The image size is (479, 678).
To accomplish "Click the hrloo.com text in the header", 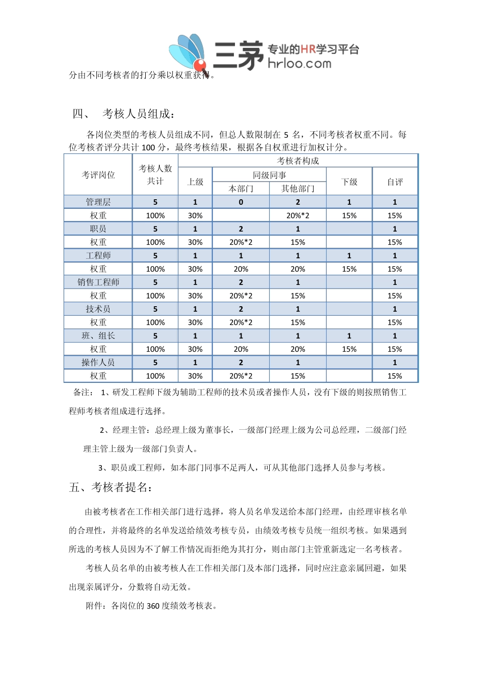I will pos(300,64).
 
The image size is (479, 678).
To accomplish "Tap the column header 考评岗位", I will pos(98,175).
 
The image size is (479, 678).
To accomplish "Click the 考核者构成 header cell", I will pos(298,161).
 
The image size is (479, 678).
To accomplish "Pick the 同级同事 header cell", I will pos(269,175).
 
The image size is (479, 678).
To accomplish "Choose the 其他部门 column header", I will pos(297,189).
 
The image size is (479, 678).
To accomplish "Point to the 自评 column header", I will pos(395,182).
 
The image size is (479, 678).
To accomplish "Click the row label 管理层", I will pos(98,202).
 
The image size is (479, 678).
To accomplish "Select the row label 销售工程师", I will pos(98,282).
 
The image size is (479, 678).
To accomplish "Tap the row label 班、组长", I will pos(98,335).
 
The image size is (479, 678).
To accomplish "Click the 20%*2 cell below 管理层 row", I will pos(297,215).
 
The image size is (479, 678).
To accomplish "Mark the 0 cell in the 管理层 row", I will pos(241,202).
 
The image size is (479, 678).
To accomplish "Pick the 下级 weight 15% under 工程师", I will pos(349,269).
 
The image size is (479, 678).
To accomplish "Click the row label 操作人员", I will pos(98,362).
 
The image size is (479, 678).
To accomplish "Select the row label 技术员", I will pos(98,309).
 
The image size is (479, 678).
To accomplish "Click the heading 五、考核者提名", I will pos(111,487).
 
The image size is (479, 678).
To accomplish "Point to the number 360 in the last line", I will pos(153,606).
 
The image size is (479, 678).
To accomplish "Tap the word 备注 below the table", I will pos(83,392).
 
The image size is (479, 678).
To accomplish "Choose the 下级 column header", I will pos(349,182).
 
